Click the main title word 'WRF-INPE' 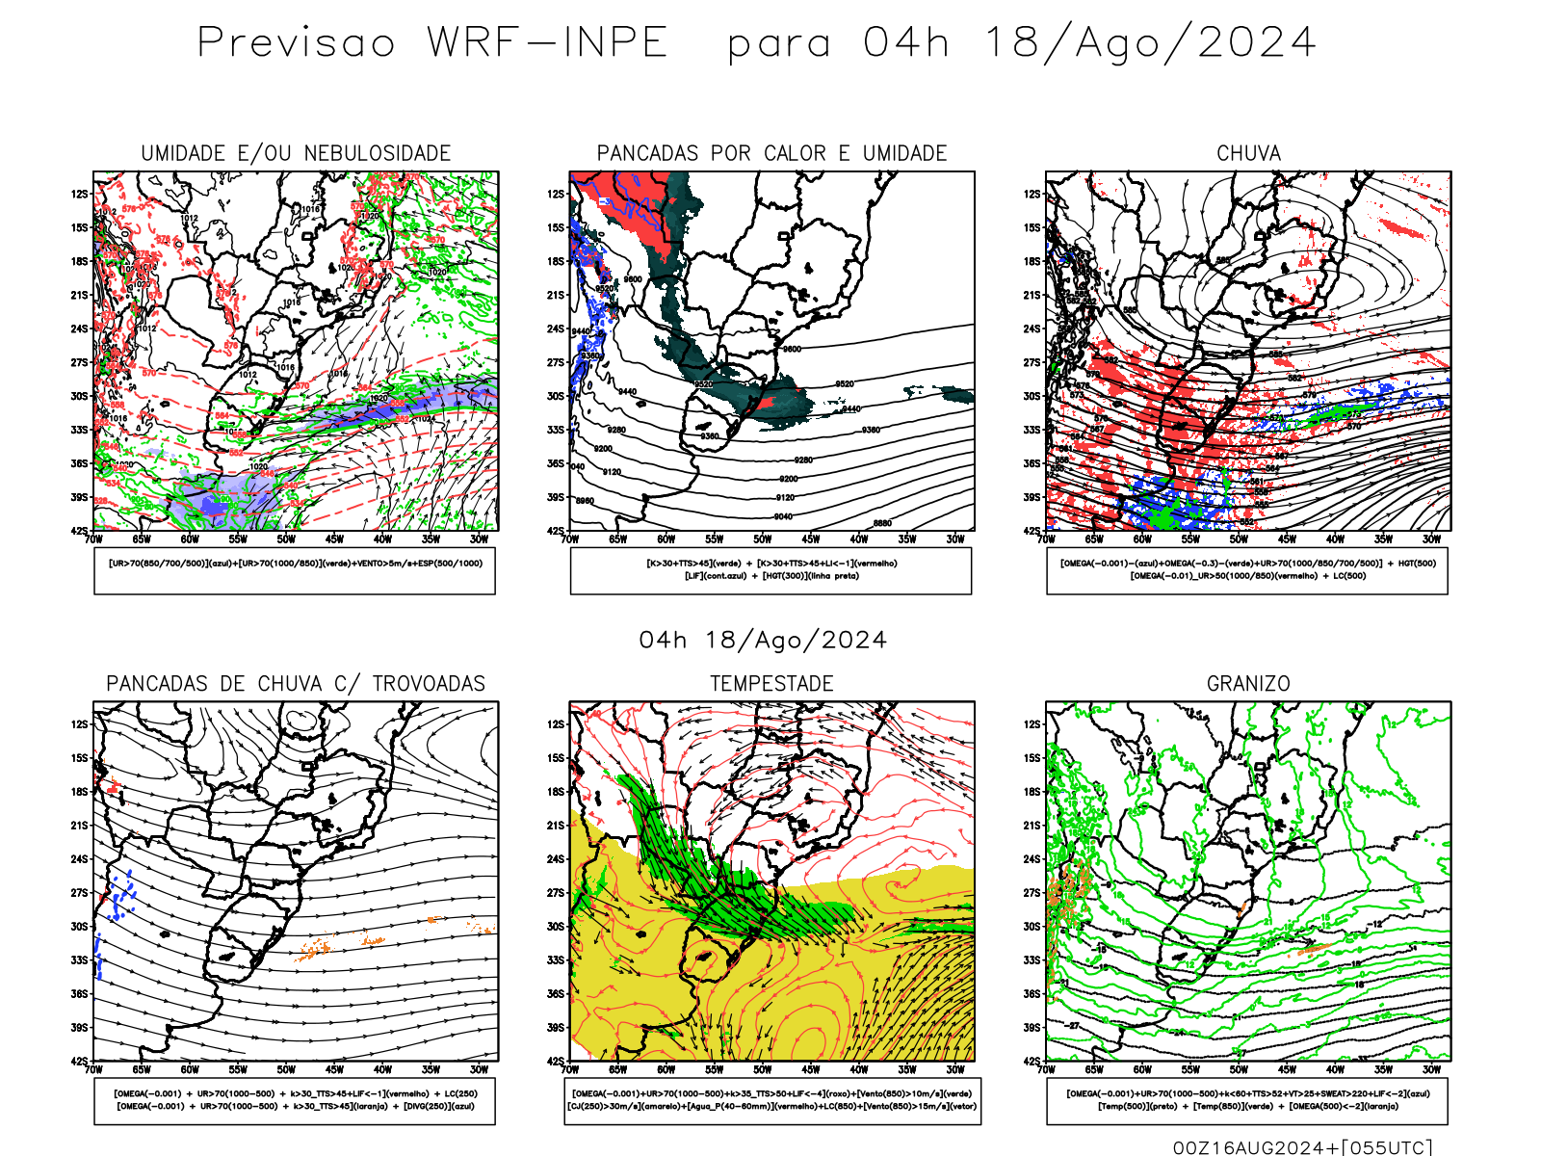pyautogui.click(x=547, y=43)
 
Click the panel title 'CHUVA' pyautogui.click(x=1248, y=153)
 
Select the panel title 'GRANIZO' pyautogui.click(x=1248, y=684)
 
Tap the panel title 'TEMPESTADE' pyautogui.click(x=771, y=684)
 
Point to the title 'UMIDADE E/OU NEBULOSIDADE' pyautogui.click(x=296, y=153)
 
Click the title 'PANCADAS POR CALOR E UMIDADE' pyautogui.click(x=771, y=153)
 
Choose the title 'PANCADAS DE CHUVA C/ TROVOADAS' pyautogui.click(x=296, y=684)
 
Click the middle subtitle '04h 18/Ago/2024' pyautogui.click(x=763, y=641)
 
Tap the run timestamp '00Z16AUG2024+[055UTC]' pyautogui.click(x=1302, y=1147)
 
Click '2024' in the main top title pyautogui.click(x=1256, y=43)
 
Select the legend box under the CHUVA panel pyautogui.click(x=1247, y=570)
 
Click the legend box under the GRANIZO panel pyautogui.click(x=1247, y=1100)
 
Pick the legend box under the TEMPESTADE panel pyautogui.click(x=772, y=1100)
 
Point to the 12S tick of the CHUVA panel pyautogui.click(x=1032, y=195)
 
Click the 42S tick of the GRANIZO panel pyautogui.click(x=1032, y=1062)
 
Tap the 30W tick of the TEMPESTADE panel pyautogui.click(x=954, y=1069)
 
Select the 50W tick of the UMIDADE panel pyautogui.click(x=286, y=539)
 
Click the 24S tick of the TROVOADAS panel pyautogui.click(x=79, y=859)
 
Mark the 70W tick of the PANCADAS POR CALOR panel pyautogui.click(x=569, y=539)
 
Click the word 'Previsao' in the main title pyautogui.click(x=296, y=43)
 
